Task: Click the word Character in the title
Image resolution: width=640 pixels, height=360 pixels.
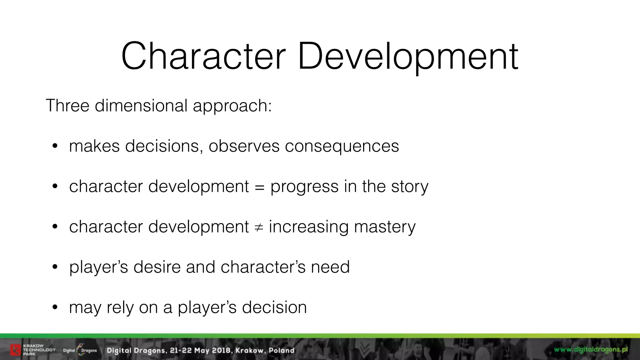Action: coord(203,57)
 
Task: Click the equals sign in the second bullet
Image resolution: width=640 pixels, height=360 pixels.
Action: coord(259,187)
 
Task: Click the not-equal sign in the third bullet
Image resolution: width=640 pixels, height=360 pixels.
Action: coord(259,227)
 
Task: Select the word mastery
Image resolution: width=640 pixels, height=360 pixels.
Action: coord(385,227)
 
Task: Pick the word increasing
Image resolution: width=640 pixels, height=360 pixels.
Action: coord(308,227)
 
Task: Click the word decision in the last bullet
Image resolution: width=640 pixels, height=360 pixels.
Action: coord(274,307)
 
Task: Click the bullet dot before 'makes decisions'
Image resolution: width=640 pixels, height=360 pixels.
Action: coord(55,146)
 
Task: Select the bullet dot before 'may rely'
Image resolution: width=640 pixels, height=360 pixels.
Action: coord(55,307)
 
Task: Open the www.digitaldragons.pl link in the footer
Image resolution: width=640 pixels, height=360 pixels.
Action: coord(591,349)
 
